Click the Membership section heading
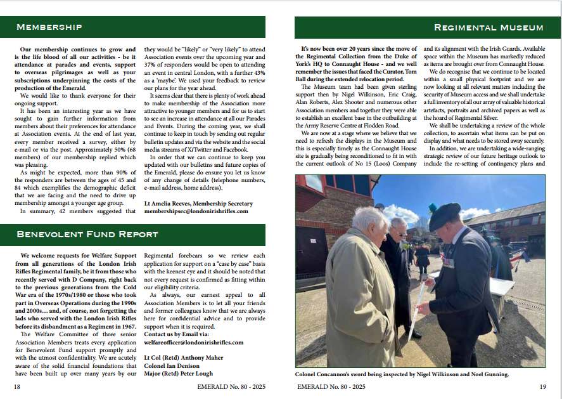pyautogui.click(x=49, y=27)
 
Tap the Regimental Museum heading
pyautogui.click(x=488, y=27)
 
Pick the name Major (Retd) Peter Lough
pyautogui.click(x=179, y=374)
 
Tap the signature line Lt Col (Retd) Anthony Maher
pyautogui.click(x=184, y=357)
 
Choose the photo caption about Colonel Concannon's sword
pyautogui.click(x=402, y=374)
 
